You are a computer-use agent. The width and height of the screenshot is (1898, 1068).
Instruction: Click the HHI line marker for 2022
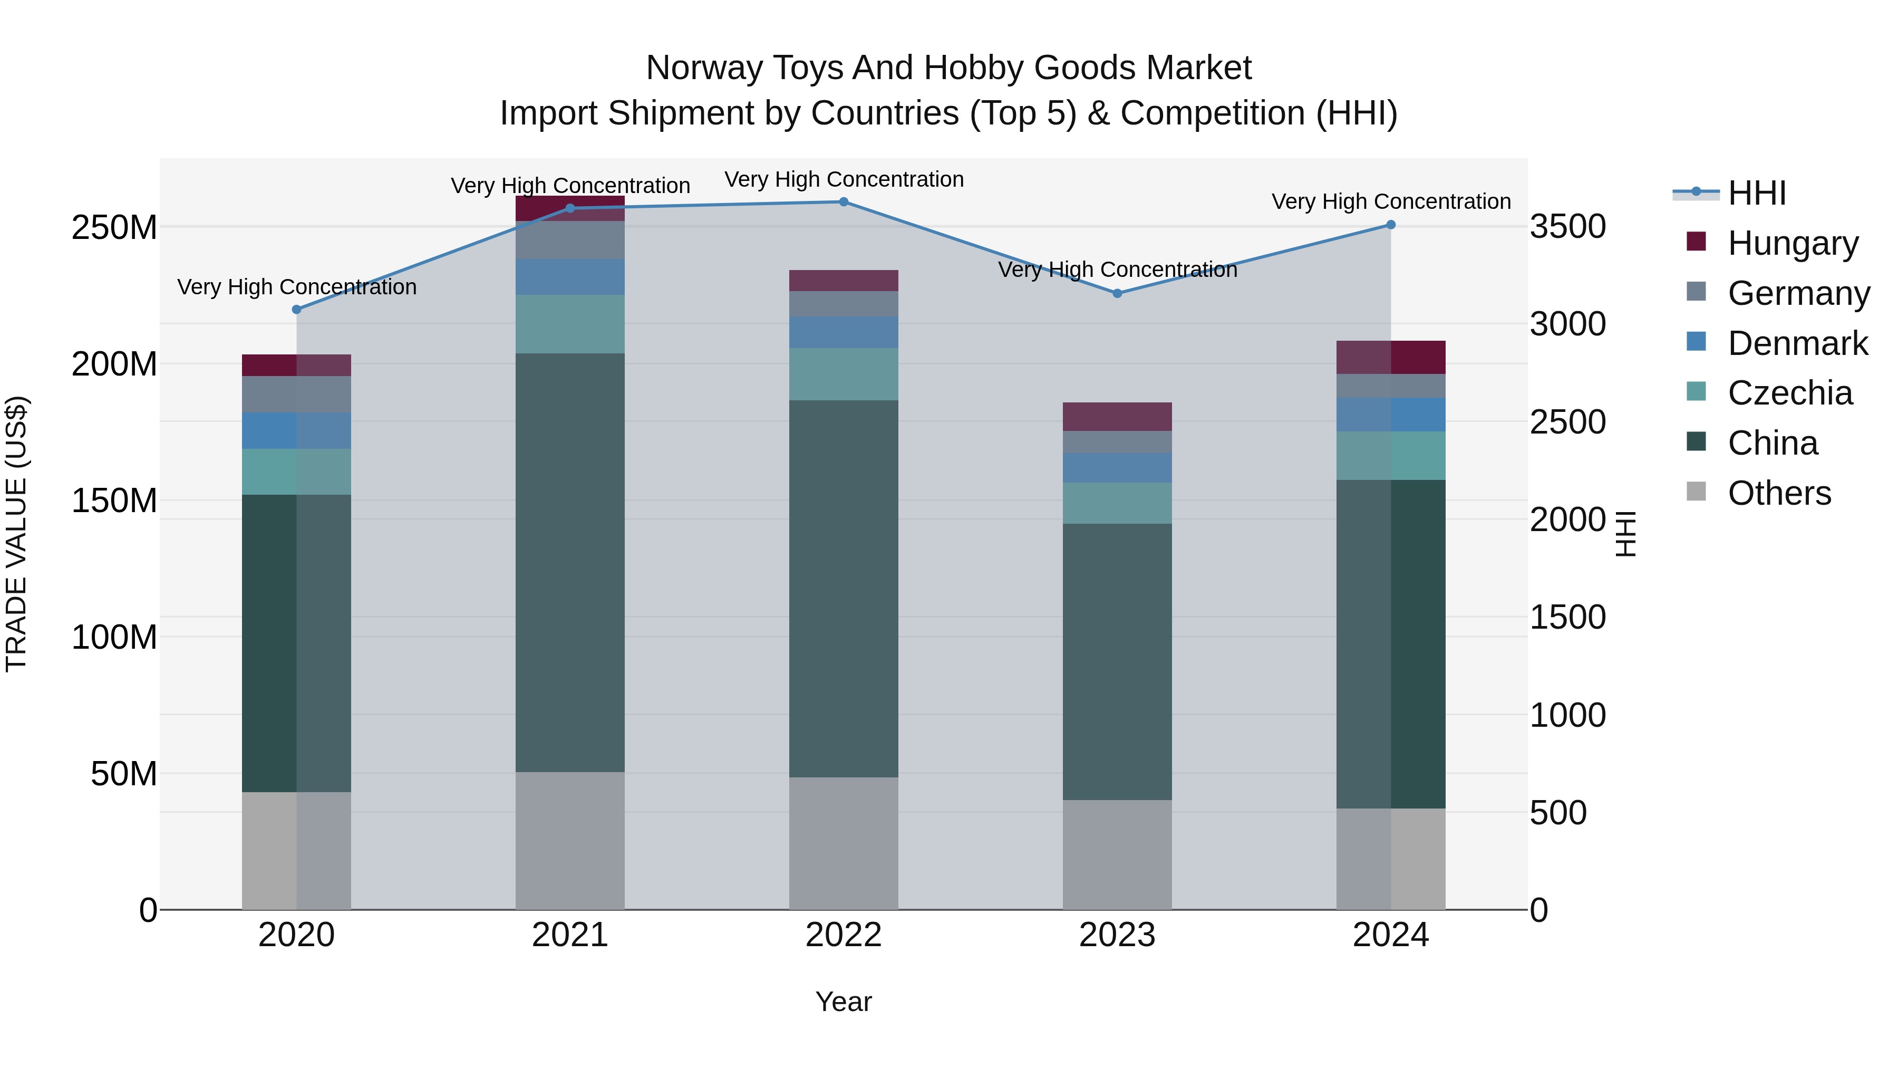[844, 202]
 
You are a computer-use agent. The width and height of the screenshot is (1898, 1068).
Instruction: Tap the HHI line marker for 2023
[1117, 293]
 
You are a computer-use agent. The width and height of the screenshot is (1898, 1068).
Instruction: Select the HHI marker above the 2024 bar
[1390, 225]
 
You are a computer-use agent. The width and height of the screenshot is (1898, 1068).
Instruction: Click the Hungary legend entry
[1792, 243]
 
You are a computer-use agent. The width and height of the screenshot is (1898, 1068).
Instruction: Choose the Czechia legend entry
[1789, 393]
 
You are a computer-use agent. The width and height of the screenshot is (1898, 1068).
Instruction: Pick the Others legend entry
[1779, 493]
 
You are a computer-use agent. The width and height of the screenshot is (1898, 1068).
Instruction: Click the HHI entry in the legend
[1756, 193]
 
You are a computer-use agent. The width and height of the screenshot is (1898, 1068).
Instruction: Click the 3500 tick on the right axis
[1568, 226]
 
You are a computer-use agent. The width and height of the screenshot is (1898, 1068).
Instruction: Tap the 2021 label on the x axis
[569, 935]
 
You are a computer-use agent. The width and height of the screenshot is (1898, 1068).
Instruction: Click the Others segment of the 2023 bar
[1117, 854]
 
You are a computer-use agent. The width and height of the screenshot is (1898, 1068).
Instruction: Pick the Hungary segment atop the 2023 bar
[1117, 417]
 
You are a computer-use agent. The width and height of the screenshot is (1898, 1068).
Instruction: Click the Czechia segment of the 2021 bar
[569, 324]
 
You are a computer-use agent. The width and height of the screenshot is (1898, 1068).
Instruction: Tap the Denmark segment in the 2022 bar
[844, 332]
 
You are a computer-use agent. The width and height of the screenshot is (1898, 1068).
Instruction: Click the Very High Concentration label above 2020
[297, 287]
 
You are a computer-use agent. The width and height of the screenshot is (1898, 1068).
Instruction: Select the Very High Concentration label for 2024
[1390, 201]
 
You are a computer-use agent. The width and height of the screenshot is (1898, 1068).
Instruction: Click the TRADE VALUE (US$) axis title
[16, 534]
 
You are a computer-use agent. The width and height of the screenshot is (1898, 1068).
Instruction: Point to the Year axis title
[844, 1002]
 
